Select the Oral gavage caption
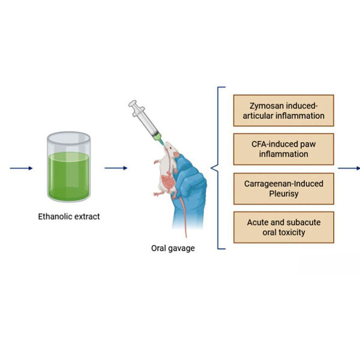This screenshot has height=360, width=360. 173,247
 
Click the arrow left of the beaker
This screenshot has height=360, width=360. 21,168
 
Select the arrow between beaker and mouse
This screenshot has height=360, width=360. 116,168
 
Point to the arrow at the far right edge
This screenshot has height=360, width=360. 349,168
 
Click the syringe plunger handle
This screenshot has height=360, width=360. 133,105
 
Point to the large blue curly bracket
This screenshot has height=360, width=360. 220,168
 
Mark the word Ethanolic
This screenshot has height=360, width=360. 53,216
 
